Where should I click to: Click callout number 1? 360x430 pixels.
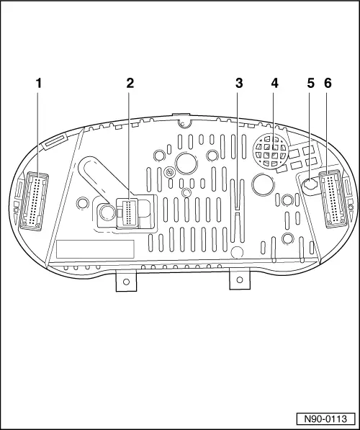coord(39,84)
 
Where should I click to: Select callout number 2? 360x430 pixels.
coord(130,84)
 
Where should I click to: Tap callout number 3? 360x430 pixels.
coord(239,84)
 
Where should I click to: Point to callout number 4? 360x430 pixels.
coord(275,84)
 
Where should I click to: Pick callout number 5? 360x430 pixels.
coord(310,84)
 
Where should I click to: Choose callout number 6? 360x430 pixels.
coord(328,84)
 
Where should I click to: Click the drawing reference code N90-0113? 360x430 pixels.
coord(325,418)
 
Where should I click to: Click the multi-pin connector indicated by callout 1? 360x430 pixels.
coord(34,201)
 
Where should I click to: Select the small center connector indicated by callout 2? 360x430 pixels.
coord(128,213)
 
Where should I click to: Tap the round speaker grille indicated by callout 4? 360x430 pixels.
coord(271,151)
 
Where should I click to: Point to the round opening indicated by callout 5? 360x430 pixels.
coord(310,184)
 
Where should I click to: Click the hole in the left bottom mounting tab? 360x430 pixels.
coord(126,282)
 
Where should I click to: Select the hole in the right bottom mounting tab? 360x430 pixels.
coord(240,279)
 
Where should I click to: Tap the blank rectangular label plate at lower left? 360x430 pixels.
coord(95,249)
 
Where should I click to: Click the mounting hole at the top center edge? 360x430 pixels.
coord(184,124)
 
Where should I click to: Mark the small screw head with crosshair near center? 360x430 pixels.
coord(169,172)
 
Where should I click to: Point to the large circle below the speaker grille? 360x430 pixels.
coord(264,184)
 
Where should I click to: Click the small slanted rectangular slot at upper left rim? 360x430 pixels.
coord(55,143)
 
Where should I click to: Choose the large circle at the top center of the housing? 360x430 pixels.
coord(186,163)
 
